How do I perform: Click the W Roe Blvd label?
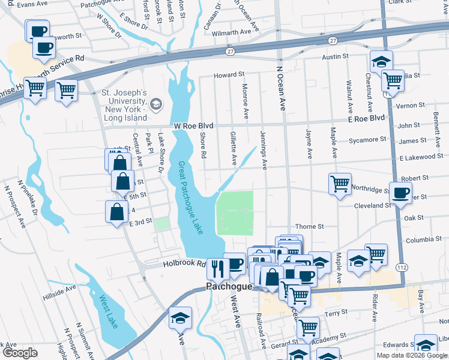(194, 126)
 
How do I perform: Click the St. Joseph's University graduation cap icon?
(156, 105)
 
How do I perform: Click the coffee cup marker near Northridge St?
(401, 193)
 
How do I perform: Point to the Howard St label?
(230, 75)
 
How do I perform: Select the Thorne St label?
(309, 227)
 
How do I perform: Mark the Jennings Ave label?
(264, 150)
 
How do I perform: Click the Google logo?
(19, 353)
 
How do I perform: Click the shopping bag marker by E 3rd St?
(116, 211)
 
